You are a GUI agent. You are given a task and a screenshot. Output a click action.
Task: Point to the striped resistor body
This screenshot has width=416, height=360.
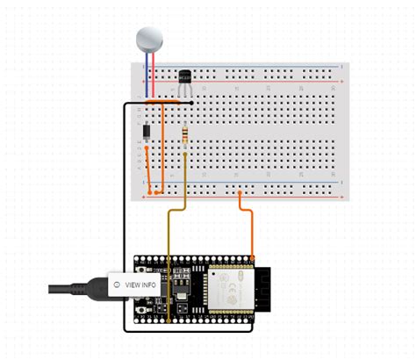click(x=185, y=134)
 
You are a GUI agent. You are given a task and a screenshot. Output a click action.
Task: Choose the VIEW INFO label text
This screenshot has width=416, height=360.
click(x=143, y=284)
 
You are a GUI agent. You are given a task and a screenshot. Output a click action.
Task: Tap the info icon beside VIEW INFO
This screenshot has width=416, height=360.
click(x=118, y=284)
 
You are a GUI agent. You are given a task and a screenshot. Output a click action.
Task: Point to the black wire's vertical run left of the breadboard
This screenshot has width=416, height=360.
click(x=124, y=211)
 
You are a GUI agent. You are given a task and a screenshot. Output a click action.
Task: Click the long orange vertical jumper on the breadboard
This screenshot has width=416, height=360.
click(x=163, y=145)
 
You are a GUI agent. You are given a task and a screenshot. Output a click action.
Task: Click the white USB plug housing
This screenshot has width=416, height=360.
click(x=101, y=284)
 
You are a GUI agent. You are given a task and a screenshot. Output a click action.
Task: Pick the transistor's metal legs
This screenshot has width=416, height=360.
click(x=183, y=92)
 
